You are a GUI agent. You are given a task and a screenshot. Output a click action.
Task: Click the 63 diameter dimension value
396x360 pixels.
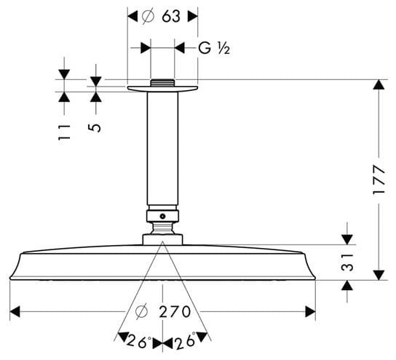(171, 17)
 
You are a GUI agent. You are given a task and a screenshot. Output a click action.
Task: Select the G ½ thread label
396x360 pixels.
(214, 48)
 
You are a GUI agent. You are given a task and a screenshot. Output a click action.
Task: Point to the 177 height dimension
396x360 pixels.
(379, 180)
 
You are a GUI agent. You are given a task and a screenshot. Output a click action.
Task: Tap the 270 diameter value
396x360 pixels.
(175, 312)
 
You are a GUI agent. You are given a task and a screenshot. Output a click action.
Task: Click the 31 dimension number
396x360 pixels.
(347, 263)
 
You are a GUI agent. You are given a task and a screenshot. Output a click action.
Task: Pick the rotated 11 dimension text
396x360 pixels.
(64, 132)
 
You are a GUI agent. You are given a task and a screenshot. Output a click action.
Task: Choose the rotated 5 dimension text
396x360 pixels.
(95, 128)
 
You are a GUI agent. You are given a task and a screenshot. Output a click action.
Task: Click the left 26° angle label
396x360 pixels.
(139, 341)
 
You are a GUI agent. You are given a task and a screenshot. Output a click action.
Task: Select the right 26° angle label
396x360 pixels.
(185, 340)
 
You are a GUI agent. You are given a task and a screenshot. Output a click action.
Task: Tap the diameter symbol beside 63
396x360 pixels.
(148, 17)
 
